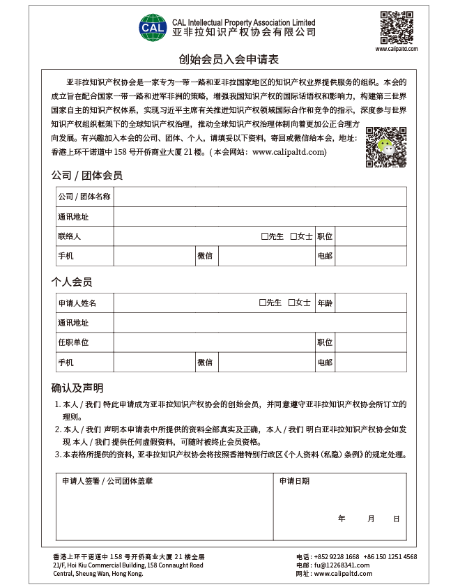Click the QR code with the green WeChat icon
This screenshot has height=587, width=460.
[385, 146]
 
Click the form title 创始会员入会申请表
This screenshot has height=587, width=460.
[229, 60]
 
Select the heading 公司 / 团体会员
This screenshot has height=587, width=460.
[87, 176]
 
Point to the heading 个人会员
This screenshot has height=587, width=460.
[72, 282]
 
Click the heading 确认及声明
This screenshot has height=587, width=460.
[77, 388]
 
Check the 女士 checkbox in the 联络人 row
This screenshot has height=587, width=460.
[293, 236]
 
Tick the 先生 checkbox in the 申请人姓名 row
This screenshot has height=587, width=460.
[263, 303]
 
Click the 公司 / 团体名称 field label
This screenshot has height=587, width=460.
[84, 197]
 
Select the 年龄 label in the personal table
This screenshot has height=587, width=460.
[325, 303]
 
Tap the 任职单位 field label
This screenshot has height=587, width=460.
[73, 343]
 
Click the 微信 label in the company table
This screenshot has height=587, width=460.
[205, 257]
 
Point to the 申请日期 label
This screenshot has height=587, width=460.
[294, 481]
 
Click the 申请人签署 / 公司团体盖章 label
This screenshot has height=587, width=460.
[107, 481]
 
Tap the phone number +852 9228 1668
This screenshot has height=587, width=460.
[337, 557]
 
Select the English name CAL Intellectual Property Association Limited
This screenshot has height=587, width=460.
[243, 22]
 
